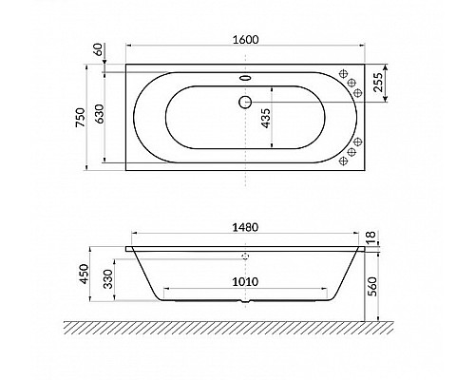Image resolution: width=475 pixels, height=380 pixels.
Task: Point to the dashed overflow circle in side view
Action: click(x=244, y=256)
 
